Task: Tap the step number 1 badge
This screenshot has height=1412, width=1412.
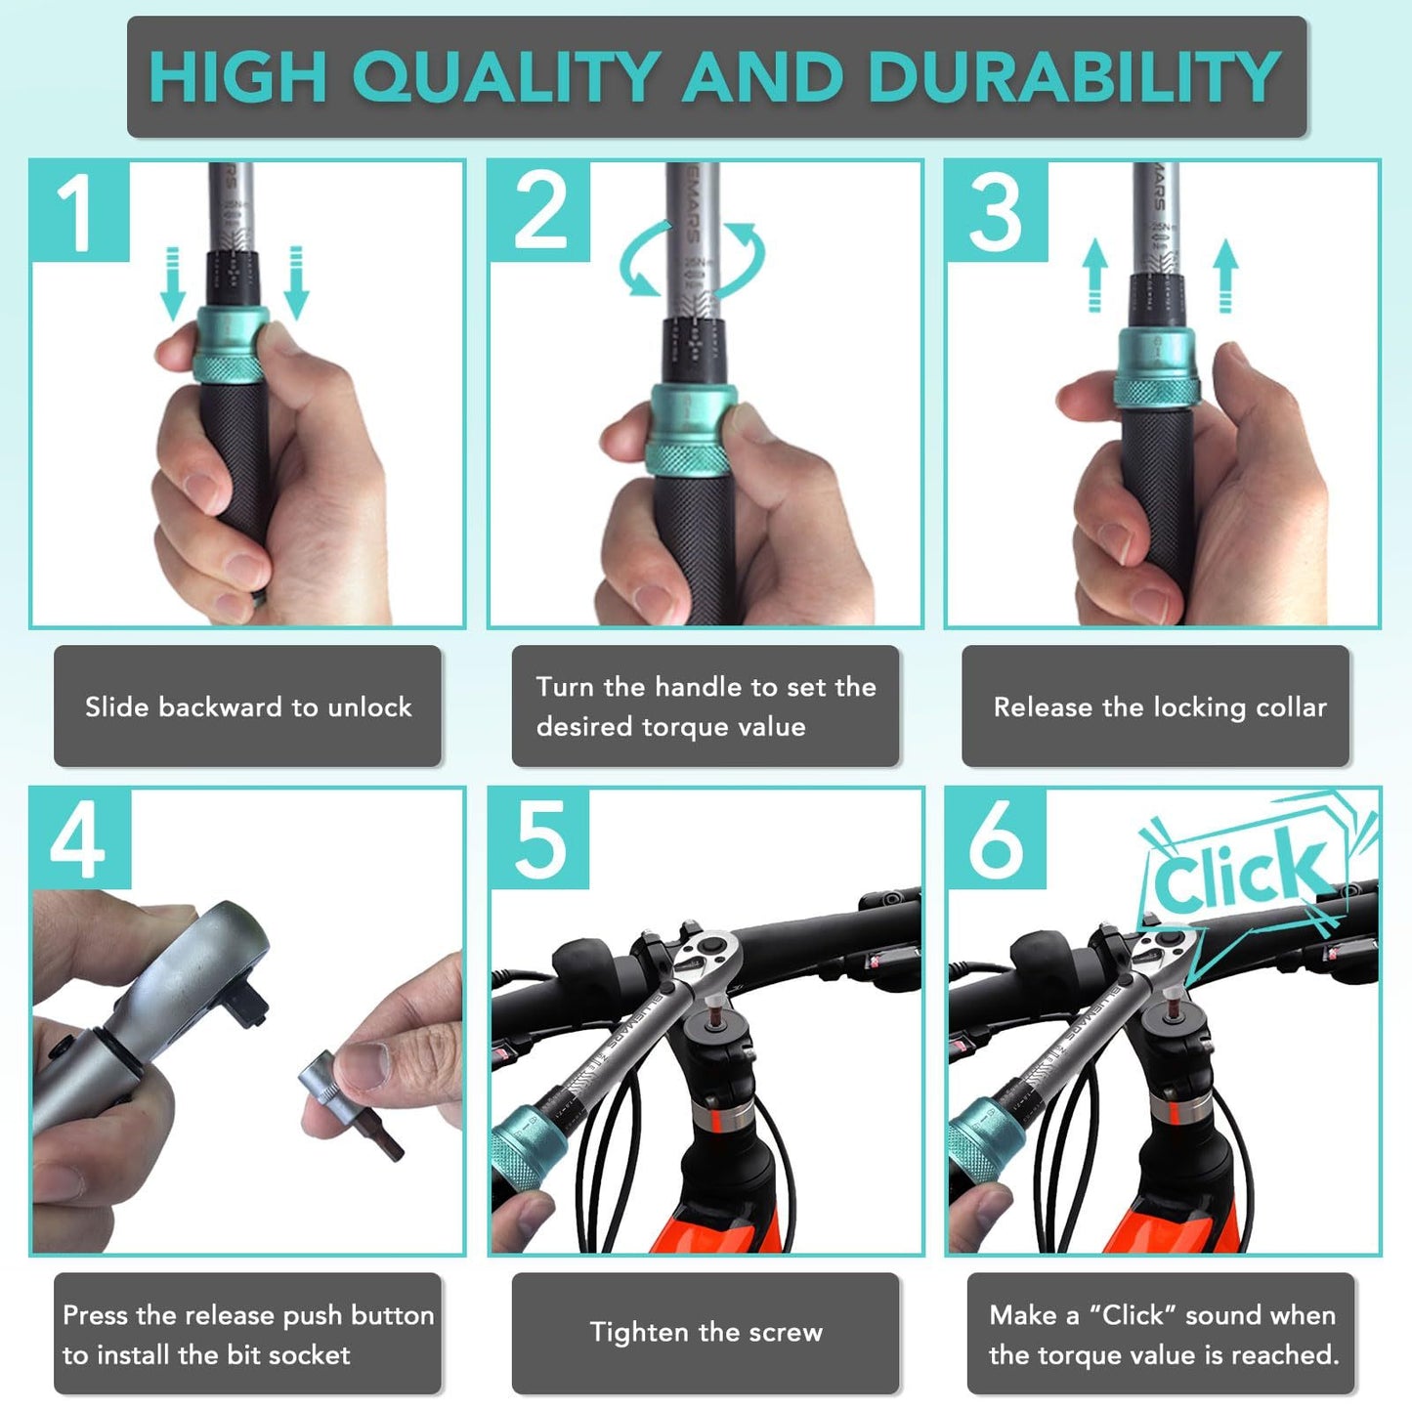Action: (x=78, y=212)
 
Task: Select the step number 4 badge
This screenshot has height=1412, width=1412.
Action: (x=78, y=838)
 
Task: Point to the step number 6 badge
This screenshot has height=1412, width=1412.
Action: (x=995, y=838)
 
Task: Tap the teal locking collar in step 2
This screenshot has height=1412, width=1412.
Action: (x=691, y=428)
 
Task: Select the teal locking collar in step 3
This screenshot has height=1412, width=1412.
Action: (x=1157, y=366)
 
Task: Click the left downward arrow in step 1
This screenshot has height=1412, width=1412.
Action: (x=173, y=283)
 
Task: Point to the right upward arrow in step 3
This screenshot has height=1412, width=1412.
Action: (x=1225, y=276)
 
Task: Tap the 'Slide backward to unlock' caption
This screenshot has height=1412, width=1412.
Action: (x=248, y=706)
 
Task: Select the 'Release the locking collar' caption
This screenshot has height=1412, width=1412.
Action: (x=1159, y=706)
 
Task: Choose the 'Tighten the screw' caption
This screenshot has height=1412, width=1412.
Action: (x=706, y=1333)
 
